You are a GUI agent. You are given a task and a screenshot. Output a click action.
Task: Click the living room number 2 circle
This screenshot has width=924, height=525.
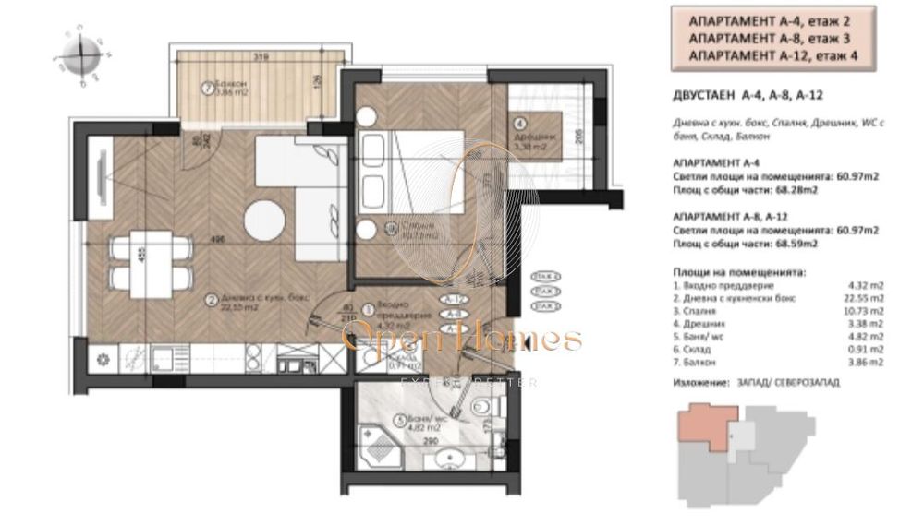tap(212, 299)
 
